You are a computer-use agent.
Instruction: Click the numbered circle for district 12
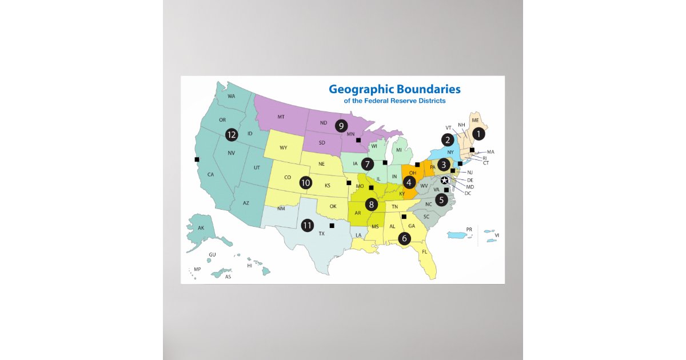tap(231, 135)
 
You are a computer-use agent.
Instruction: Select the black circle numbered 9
tap(341, 125)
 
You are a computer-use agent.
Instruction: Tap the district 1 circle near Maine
tap(478, 134)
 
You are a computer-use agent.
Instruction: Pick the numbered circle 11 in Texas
tap(308, 225)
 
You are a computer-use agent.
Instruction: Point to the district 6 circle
tap(404, 238)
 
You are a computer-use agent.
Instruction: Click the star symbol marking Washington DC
tap(444, 181)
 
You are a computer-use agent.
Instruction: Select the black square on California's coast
tap(197, 159)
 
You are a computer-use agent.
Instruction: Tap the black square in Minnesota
tap(358, 140)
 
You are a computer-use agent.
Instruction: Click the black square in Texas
tap(332, 225)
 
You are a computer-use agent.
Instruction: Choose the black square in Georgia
tap(404, 217)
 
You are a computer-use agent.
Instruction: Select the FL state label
tap(424, 252)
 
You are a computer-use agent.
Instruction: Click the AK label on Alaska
tap(201, 228)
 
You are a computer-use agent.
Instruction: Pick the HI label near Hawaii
tap(249, 266)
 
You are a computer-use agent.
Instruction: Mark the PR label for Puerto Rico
tap(469, 229)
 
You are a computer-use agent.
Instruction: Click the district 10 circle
tap(306, 183)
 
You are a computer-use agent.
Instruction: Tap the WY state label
tap(284, 148)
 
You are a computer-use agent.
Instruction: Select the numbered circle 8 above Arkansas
tap(371, 203)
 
